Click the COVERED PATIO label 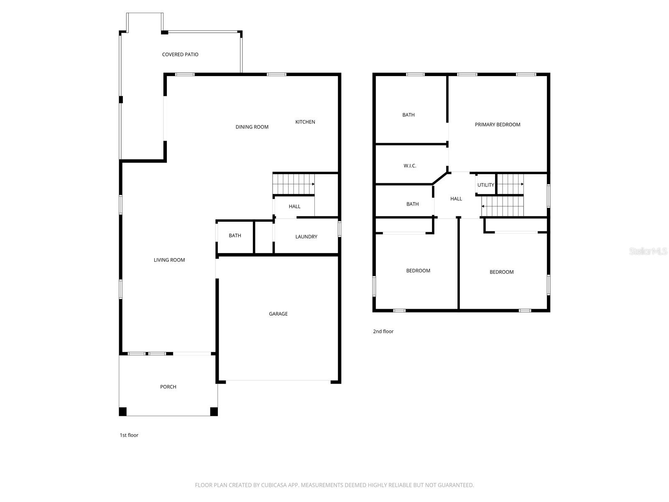click(180, 54)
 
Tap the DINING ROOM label click(252, 127)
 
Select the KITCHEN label click(305, 122)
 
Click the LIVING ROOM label click(169, 260)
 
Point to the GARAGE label click(278, 314)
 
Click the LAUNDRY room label click(306, 237)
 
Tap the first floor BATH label click(235, 236)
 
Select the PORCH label click(168, 387)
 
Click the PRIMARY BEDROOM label click(498, 124)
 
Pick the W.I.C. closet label click(410, 166)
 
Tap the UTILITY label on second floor click(486, 185)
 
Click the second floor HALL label click(456, 199)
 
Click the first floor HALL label click(294, 206)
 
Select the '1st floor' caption click(129, 435)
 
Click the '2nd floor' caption click(383, 331)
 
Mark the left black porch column click(123, 412)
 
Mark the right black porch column click(214, 412)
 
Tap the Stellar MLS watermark click(648, 251)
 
